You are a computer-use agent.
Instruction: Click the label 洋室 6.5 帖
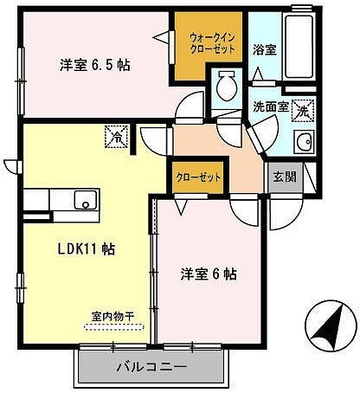click(x=95, y=64)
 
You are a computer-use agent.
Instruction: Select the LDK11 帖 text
click(x=86, y=248)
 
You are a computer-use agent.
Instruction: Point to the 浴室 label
click(x=266, y=48)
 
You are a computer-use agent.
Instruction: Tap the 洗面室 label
click(x=270, y=107)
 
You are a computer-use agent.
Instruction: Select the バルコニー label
click(x=151, y=366)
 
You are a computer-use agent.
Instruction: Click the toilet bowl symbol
click(x=228, y=87)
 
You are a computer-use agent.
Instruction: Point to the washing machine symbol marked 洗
click(x=302, y=111)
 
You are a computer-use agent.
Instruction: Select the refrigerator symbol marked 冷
click(x=115, y=136)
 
